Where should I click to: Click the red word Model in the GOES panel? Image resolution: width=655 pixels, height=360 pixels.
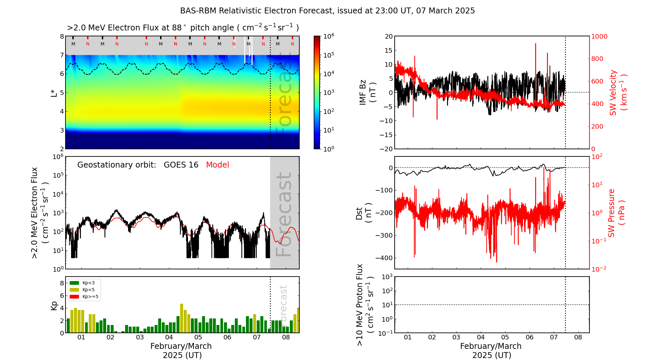point(217,165)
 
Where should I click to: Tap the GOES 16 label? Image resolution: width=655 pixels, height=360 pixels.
point(181,165)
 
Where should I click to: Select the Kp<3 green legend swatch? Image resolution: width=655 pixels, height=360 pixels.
point(74,283)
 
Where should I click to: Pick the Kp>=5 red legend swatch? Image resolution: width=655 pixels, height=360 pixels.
point(74,297)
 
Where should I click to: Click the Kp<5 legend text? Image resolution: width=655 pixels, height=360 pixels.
point(88,290)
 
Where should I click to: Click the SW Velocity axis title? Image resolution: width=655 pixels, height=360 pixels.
point(618,92)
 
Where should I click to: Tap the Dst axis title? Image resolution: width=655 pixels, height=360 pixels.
point(364,213)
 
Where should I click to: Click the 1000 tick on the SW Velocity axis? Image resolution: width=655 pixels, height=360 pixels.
point(599,36)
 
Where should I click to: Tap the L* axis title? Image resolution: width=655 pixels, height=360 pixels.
point(54,92)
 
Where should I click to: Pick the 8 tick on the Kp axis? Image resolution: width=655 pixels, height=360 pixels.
point(62,283)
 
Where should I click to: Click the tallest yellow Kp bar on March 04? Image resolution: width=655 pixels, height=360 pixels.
point(181,318)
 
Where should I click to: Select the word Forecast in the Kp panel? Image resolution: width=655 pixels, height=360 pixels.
point(284,305)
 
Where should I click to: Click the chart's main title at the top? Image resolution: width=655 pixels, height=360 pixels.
point(327,11)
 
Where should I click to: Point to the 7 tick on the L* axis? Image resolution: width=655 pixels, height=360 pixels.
point(62,55)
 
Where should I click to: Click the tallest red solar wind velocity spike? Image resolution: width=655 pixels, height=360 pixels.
point(535,44)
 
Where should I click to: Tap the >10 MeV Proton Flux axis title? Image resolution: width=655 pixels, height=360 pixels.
point(365,305)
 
